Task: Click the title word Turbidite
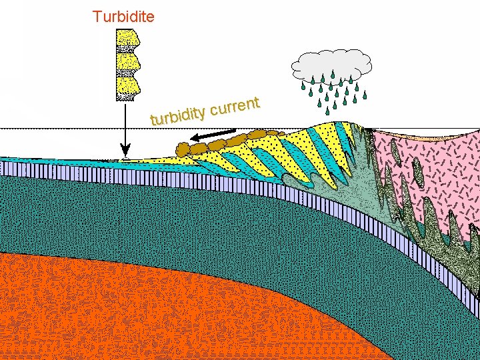(x=123, y=16)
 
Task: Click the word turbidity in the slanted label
(x=177, y=116)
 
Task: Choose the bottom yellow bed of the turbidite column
(x=126, y=85)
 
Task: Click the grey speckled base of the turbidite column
(x=125, y=97)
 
